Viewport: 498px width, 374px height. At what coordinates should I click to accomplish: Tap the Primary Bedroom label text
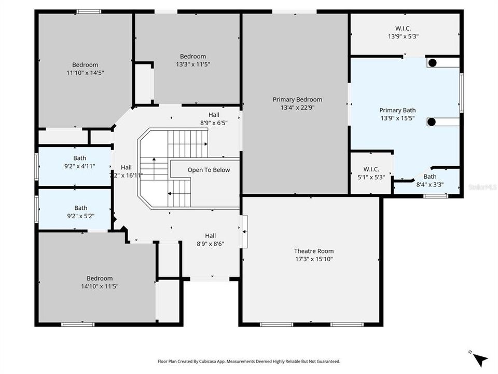pos(297,99)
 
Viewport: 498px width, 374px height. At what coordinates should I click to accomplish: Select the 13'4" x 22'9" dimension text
pos(297,108)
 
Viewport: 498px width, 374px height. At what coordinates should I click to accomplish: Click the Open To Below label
pos(209,170)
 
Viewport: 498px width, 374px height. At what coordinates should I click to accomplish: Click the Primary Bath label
pos(397,110)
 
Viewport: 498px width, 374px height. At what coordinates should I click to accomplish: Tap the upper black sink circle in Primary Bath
pos(432,63)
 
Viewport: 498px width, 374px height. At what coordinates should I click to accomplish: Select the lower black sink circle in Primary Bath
pos(431,122)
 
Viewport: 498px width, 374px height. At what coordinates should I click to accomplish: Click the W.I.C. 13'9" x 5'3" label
pos(403,33)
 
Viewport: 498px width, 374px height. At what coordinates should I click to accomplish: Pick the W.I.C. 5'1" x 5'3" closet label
pos(371,173)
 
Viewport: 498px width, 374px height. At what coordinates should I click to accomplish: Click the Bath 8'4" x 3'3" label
pos(430,180)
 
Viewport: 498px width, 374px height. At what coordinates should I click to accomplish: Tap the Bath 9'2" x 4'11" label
pos(79,162)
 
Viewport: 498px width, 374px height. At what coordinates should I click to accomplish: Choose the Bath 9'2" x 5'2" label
pos(80,211)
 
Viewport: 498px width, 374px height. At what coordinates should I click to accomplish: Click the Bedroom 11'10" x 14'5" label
pos(85,69)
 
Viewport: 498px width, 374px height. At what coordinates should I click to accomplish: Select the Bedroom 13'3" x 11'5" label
pos(192,60)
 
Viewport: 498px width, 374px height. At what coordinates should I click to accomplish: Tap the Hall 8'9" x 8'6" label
pos(210,239)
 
